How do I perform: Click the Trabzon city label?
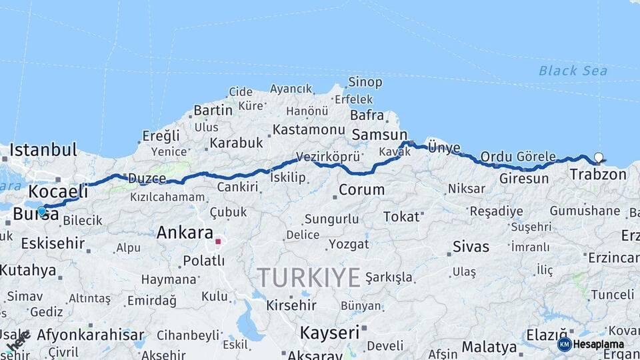pos(598,175)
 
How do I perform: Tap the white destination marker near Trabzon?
pos(598,158)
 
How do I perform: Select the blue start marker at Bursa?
pos(42,212)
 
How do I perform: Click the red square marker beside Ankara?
pos(217,241)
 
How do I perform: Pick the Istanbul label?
pos(43,149)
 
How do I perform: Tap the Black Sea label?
pos(573,71)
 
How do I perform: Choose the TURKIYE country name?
pos(309,277)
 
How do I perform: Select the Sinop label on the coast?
pos(365,83)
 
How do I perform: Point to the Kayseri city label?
pos(329,331)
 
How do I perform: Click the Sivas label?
pos(471,246)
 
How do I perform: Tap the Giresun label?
pos(523,179)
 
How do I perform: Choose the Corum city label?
pos(361,189)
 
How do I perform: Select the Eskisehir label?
pos(53,243)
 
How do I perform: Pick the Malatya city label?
pos(489,347)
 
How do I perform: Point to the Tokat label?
pos(401,216)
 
